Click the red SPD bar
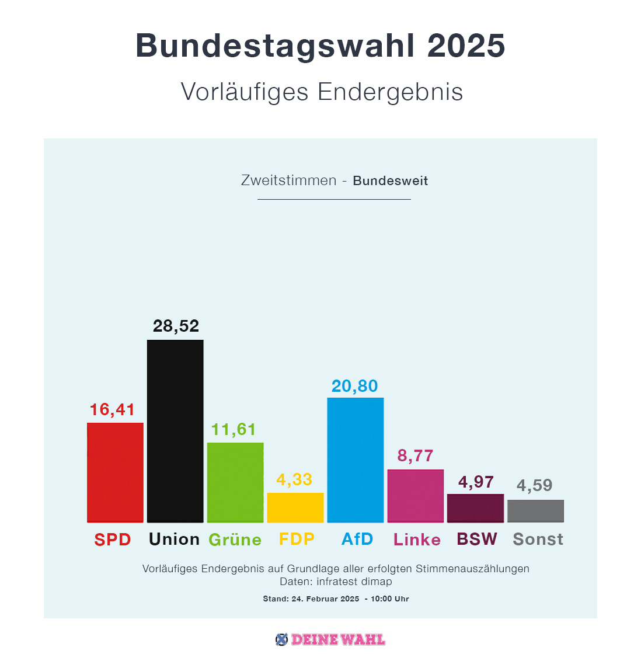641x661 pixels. click(x=115, y=472)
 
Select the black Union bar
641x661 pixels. click(x=175, y=431)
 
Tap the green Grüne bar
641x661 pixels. click(x=235, y=482)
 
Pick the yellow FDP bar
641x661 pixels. click(x=295, y=507)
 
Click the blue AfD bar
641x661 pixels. click(x=356, y=460)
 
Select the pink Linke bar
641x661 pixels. click(x=416, y=495)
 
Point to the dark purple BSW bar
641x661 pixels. click(x=475, y=508)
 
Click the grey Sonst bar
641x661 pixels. click(x=535, y=510)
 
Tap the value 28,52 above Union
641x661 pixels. click(x=176, y=326)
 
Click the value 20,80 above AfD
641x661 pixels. click(x=355, y=386)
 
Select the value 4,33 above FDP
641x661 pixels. click(x=294, y=479)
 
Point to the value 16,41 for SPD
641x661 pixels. click(x=113, y=410)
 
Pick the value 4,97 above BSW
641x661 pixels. click(x=476, y=482)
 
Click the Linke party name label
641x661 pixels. click(x=417, y=540)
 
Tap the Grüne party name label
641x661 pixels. click(x=235, y=540)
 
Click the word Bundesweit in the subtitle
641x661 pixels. click(x=390, y=181)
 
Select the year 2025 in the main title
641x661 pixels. click(x=466, y=46)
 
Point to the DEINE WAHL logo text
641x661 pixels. click(x=338, y=639)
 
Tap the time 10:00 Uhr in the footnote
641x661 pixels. click(x=390, y=599)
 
